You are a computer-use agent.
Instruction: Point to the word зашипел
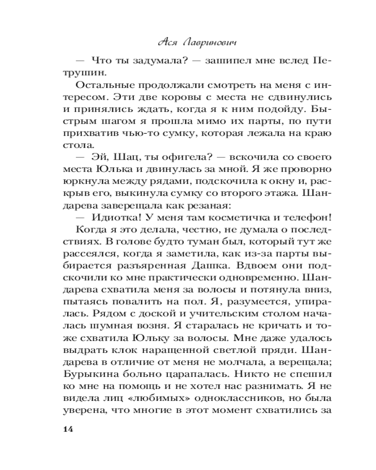(213, 61)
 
